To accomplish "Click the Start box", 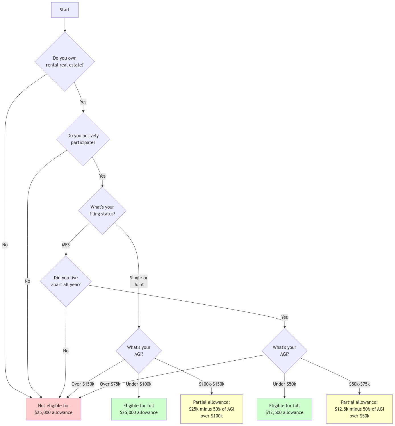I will (x=65, y=10).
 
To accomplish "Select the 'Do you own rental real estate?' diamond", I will (x=65, y=61).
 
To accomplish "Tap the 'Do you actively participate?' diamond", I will (x=83, y=139).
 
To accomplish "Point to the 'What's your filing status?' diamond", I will (x=102, y=211).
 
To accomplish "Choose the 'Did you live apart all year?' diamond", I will (x=66, y=281).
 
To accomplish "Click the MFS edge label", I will (x=66, y=245).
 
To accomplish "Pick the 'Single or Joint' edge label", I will (x=139, y=281).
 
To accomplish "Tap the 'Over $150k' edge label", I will (x=83, y=384).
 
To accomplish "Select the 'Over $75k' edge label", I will (x=110, y=384).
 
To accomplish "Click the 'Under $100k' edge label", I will (x=139, y=384).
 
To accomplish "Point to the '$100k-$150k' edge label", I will (x=212, y=384).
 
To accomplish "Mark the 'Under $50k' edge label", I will (x=285, y=384).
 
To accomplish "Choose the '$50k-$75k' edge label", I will (x=359, y=384).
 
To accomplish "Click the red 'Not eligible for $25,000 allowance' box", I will (x=54, y=409).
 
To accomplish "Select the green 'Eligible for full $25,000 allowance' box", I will (x=139, y=409).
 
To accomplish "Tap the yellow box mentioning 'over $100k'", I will (x=211, y=409).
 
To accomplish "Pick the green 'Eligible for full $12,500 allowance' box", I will (x=285, y=409).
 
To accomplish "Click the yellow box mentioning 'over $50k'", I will (x=359, y=409).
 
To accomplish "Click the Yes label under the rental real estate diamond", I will (x=83, y=102).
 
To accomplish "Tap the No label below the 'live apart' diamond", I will (x=66, y=351).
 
